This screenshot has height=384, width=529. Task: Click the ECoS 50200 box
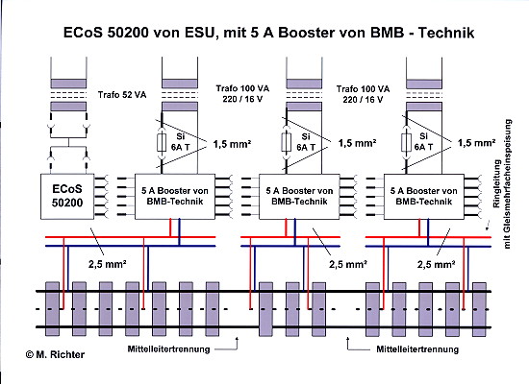point(67,197)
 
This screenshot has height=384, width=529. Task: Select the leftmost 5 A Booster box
point(175,197)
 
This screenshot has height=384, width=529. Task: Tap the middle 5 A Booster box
point(299,197)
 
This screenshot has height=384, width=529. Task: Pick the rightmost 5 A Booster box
point(424,197)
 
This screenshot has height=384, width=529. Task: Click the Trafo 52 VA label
point(122,95)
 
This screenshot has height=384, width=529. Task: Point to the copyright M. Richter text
point(55,354)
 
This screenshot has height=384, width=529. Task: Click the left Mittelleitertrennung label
point(168,349)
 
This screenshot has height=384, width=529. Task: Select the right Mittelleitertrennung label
point(417,349)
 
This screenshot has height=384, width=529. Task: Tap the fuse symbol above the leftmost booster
point(162,142)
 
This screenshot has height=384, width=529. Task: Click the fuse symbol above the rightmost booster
point(406,142)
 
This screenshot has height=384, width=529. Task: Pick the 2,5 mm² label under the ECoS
point(108,264)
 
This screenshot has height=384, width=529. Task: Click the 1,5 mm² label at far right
point(476,143)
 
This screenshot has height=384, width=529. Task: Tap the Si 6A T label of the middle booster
point(306,142)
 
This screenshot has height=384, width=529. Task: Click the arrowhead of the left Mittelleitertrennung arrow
point(238,338)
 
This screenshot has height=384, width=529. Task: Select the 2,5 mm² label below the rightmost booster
point(437,264)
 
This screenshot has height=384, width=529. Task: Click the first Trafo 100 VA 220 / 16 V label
point(242,94)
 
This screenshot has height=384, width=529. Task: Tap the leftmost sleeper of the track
point(52,309)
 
